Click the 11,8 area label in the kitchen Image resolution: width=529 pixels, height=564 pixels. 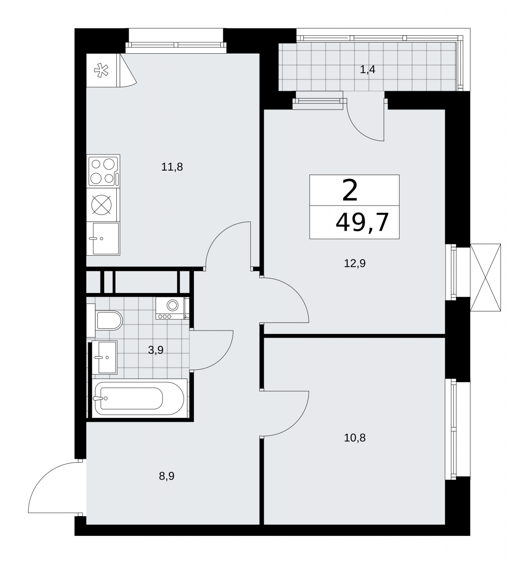(172, 167)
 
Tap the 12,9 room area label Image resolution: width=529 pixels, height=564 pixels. (355, 263)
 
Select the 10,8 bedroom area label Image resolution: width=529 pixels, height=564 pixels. (355, 438)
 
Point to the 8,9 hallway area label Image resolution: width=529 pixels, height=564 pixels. (167, 477)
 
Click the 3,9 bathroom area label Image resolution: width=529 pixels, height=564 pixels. (155, 350)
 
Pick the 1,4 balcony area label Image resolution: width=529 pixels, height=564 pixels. (368, 70)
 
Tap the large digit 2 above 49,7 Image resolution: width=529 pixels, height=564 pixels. (350, 190)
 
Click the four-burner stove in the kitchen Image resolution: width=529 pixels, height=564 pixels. (104, 171)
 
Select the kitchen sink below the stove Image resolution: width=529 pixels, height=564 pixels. (104, 238)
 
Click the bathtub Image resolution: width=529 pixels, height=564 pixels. (139, 398)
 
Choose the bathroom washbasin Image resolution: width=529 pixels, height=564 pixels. (104, 357)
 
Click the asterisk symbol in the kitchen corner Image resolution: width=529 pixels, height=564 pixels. (102, 70)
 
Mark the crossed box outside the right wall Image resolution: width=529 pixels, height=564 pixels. (485, 277)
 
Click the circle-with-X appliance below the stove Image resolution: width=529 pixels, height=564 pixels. (102, 204)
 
